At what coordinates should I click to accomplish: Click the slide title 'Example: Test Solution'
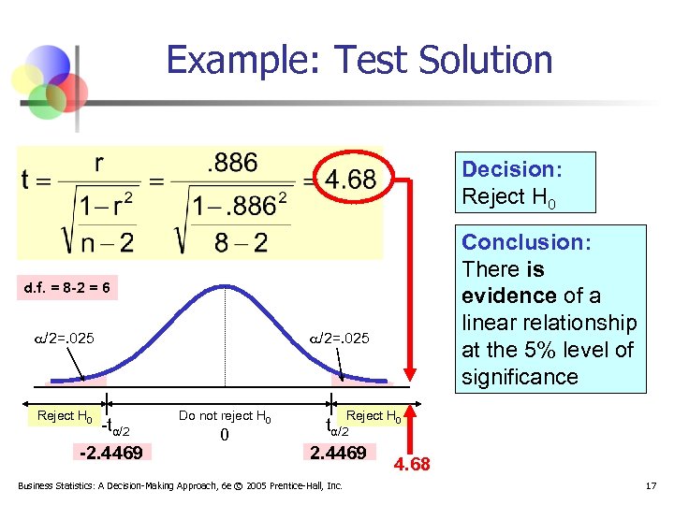coord(359,60)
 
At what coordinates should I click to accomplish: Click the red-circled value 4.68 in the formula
coord(351,180)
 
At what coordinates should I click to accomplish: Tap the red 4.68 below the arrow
coord(412,463)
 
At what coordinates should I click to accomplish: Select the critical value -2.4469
coord(111,454)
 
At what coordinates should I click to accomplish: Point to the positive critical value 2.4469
coord(338,454)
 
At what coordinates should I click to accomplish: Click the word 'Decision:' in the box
coord(512,169)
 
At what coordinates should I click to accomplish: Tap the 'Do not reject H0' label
coord(225,416)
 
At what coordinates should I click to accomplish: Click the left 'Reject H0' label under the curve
coord(64,416)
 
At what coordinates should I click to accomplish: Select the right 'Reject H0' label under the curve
coord(374,416)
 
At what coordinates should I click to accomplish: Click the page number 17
coord(651,485)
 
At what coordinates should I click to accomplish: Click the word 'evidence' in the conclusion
coord(507,296)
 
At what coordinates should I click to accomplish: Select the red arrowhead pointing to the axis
coord(407,374)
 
